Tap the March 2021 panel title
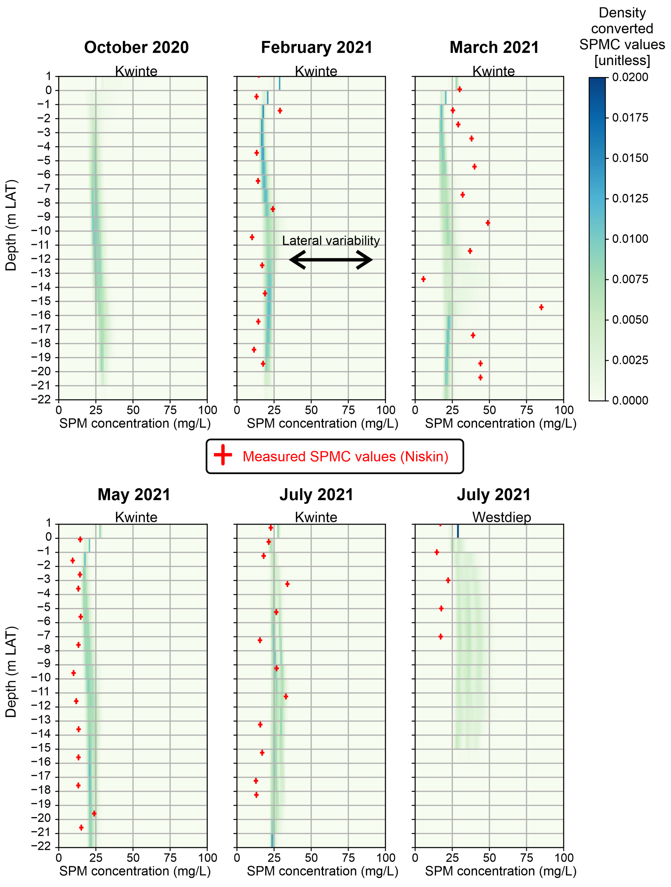click(x=494, y=47)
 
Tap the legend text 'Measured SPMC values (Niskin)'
click(x=345, y=456)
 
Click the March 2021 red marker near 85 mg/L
click(x=541, y=307)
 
